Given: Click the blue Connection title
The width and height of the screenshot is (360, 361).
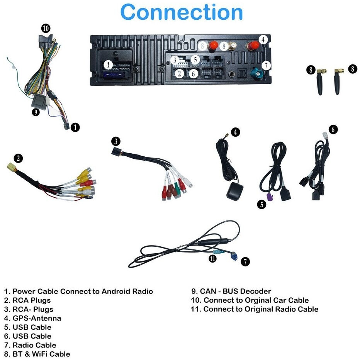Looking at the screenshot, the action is click(182, 12).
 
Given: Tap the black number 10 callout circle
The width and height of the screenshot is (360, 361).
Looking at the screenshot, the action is click(46, 29).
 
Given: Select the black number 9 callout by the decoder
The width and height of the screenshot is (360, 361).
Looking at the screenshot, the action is click(36, 112).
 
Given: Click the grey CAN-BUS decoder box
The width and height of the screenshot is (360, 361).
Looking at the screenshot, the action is click(39, 102).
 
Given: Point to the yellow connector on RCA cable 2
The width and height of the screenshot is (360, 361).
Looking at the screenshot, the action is click(11, 167).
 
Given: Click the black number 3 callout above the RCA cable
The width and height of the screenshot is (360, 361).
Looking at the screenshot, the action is click(116, 141).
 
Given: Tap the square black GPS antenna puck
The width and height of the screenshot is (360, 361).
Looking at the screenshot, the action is click(235, 192).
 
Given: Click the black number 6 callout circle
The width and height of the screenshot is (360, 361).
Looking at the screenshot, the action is click(333, 129).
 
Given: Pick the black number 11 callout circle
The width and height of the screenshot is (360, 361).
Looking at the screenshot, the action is click(212, 259).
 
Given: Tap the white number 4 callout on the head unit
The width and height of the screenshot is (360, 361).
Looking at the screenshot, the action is click(263, 40).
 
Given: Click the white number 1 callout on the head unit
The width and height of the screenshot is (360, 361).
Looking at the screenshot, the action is click(108, 65).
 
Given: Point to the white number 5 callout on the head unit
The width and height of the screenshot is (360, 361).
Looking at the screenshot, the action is click(195, 60).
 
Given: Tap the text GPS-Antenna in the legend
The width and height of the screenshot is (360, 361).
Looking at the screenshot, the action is click(37, 318).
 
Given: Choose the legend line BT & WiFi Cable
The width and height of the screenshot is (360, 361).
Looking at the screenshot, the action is click(37, 354).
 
